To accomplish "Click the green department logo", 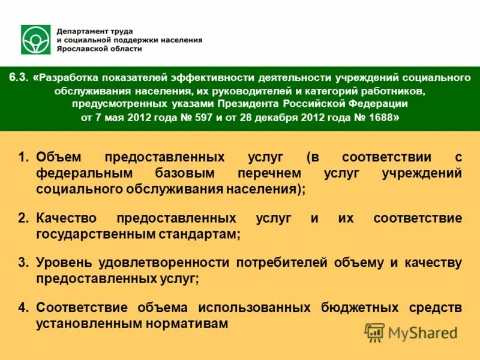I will [x=36, y=40].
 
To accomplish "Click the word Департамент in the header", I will [x=80, y=31].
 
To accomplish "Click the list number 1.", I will [x=23, y=158].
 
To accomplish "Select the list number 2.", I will [x=23, y=218].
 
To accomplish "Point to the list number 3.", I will [x=23, y=263].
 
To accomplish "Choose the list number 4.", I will [x=23, y=308].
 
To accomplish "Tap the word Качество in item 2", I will [x=68, y=218].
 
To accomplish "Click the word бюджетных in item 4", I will [x=359, y=308].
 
